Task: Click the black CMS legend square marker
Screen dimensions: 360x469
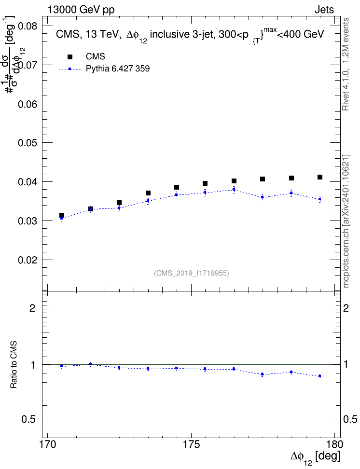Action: pyautogui.click(x=69, y=56)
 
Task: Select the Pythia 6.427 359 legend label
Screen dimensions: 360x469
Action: pyautogui.click(x=118, y=69)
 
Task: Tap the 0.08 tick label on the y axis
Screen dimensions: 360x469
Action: pyautogui.click(x=28, y=26)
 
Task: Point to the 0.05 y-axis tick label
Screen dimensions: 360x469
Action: pyautogui.click(x=28, y=143)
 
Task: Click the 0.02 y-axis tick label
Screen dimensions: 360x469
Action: pyautogui.click(x=28, y=260)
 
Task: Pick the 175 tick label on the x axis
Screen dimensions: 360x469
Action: pyautogui.click(x=191, y=444)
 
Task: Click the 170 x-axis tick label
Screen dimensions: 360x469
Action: pyautogui.click(x=48, y=444)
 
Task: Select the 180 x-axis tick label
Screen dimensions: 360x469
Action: pyautogui.click(x=332, y=444)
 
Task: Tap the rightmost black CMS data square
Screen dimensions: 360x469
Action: pyautogui.click(x=320, y=177)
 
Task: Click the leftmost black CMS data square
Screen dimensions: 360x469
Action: pyautogui.click(x=62, y=215)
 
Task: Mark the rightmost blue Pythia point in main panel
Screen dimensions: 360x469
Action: pyautogui.click(x=320, y=199)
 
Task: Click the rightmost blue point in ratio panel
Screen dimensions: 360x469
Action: pyautogui.click(x=320, y=376)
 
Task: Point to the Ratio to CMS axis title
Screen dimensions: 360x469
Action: pyautogui.click(x=14, y=364)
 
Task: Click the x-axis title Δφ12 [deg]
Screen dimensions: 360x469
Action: pyautogui.click(x=315, y=457)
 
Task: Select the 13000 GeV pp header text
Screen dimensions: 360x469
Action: pyautogui.click(x=81, y=10)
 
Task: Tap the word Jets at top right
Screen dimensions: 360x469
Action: pyautogui.click(x=324, y=10)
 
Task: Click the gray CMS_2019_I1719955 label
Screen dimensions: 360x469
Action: pyautogui.click(x=192, y=273)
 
